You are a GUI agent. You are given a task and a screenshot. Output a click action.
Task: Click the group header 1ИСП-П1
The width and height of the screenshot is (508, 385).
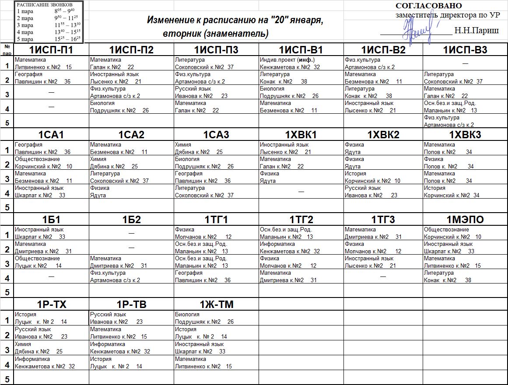click(51, 50)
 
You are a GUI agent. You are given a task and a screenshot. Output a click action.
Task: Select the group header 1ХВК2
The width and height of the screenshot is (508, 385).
click(383, 135)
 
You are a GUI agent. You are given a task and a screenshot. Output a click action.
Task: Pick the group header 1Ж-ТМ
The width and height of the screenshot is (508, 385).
click(216, 304)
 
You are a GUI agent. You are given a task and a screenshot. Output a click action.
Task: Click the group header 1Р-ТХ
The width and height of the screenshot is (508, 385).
click(51, 304)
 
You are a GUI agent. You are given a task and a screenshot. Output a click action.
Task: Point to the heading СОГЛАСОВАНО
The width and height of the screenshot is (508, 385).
click(428, 6)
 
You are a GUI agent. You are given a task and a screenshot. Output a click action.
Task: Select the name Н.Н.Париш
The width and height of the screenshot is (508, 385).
click(476, 31)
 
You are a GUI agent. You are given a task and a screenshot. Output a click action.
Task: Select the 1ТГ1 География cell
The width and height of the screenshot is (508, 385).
click(216, 276)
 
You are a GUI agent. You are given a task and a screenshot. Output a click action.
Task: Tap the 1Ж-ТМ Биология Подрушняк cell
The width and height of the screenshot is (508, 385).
click(216, 318)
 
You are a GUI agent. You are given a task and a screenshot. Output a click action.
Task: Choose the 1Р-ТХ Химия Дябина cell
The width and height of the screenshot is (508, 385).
click(51, 348)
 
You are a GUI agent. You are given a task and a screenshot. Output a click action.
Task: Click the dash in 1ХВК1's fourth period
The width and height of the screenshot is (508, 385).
click(301, 192)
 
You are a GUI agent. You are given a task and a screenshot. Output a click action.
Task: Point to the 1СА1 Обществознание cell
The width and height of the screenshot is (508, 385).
click(51, 163)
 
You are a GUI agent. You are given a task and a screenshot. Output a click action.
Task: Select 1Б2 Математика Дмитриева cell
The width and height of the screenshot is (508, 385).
click(131, 262)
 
